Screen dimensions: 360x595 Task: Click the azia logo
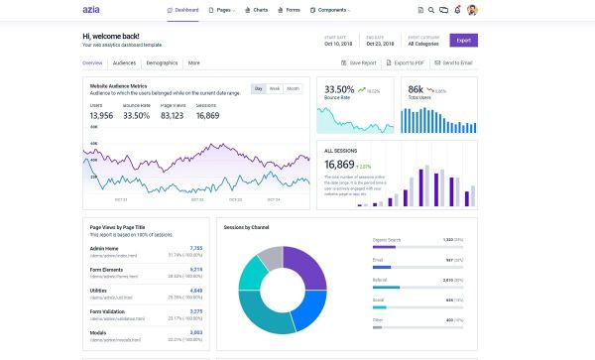tap(94, 10)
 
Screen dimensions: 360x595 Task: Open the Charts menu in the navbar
tap(258, 10)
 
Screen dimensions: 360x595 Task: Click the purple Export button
tap(463, 41)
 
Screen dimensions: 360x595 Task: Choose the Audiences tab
tap(124, 62)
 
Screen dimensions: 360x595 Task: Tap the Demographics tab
tap(161, 62)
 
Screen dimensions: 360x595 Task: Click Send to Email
tap(455, 62)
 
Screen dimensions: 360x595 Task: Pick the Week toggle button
tap(275, 88)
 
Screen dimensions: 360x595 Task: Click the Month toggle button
tap(294, 88)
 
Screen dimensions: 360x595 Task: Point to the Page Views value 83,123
tap(172, 116)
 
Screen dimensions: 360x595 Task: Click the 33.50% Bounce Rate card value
tap(339, 89)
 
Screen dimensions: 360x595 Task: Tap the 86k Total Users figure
tap(416, 89)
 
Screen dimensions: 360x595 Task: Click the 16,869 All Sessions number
tap(339, 165)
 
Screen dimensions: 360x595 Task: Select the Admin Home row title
tap(104, 248)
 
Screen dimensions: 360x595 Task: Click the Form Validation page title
tap(108, 312)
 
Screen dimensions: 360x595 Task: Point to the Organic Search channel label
tap(386, 240)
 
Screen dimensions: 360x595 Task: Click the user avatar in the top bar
tap(472, 10)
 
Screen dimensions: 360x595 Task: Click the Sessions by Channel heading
tap(247, 227)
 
